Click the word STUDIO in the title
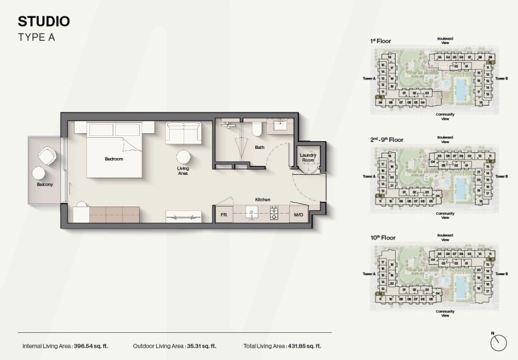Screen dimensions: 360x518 pos(45,21)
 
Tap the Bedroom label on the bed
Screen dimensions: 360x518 pos(114,159)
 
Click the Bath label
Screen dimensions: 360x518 pos(259,147)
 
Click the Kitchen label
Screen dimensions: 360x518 pos(262,199)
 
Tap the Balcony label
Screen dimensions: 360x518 pos(45,185)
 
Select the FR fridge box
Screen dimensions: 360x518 pos(223,214)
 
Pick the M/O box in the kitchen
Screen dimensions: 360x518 pos(298,214)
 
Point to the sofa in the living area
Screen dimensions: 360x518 pos(183,133)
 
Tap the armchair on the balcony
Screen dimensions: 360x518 pos(47,156)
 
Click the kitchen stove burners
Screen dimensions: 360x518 pos(274,211)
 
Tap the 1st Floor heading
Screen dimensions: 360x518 pos(381,41)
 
